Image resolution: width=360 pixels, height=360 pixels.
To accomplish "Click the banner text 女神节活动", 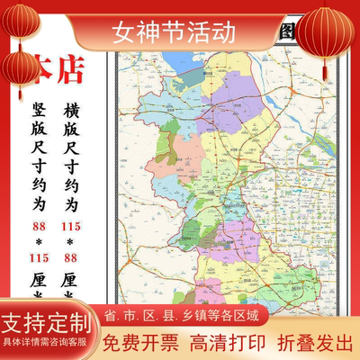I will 175,33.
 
